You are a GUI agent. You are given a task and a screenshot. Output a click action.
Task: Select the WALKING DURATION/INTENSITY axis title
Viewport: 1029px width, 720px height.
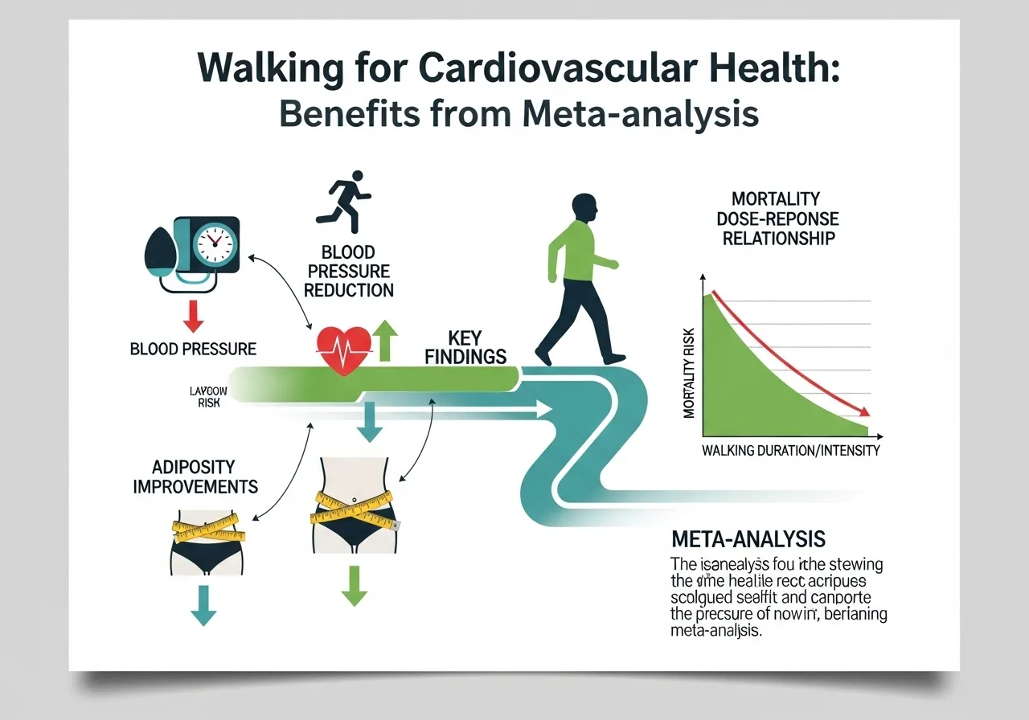pos(790,450)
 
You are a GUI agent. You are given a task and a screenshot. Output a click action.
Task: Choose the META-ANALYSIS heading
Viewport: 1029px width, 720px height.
pos(748,538)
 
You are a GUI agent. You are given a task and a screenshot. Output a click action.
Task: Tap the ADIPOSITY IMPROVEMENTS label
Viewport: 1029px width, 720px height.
pos(195,477)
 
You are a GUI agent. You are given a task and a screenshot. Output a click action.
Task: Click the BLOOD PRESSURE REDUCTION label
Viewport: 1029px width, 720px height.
pos(349,272)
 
